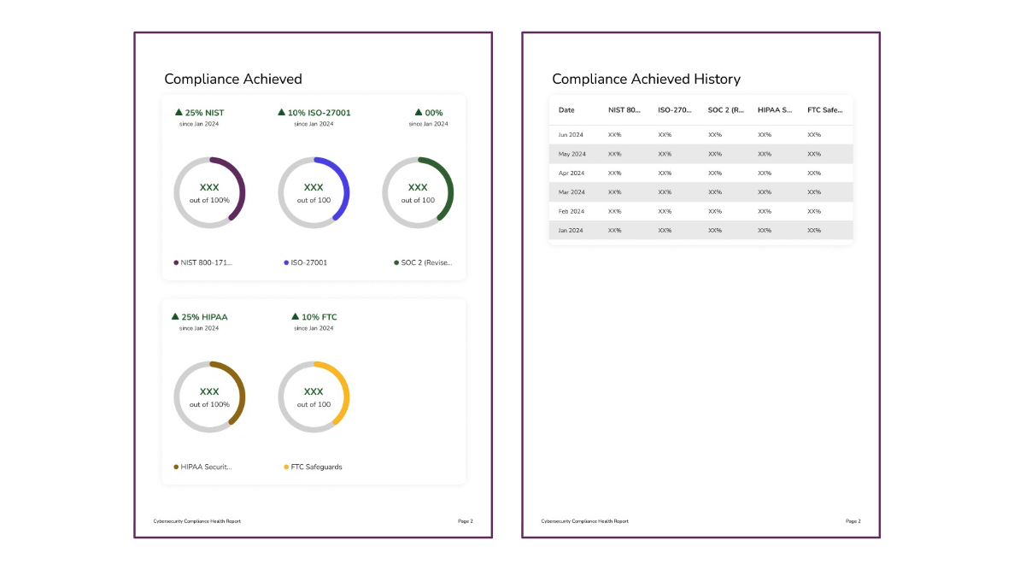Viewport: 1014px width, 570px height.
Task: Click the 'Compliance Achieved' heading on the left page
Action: click(232, 79)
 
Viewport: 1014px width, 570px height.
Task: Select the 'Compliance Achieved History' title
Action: click(646, 79)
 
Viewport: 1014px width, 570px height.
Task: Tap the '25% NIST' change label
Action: click(200, 113)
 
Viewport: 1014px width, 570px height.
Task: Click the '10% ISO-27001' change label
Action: click(314, 113)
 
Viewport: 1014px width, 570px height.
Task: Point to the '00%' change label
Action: click(429, 113)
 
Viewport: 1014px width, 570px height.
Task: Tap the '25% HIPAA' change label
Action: click(200, 317)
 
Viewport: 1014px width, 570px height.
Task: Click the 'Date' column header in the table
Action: click(566, 110)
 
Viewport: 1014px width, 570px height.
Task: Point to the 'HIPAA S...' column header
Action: click(775, 110)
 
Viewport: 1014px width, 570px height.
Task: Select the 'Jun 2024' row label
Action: click(570, 135)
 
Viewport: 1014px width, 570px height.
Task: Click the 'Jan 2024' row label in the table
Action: click(570, 231)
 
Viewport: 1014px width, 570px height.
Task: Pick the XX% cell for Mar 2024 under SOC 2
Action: click(715, 192)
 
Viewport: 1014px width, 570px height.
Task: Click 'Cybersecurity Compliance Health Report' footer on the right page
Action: click(584, 521)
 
